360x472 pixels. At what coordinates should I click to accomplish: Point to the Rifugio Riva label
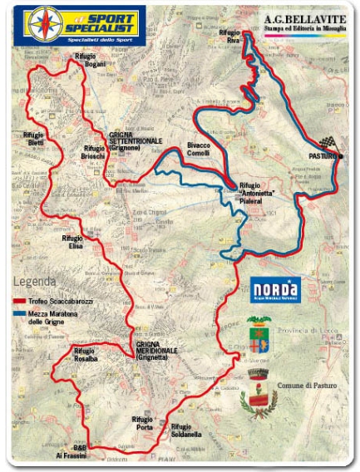[229, 37]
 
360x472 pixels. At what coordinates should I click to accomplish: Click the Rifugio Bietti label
[34, 138]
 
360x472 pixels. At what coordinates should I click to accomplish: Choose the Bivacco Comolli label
[199, 149]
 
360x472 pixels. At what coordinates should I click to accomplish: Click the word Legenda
[35, 281]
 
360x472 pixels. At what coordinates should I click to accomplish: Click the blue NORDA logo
[275, 288]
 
